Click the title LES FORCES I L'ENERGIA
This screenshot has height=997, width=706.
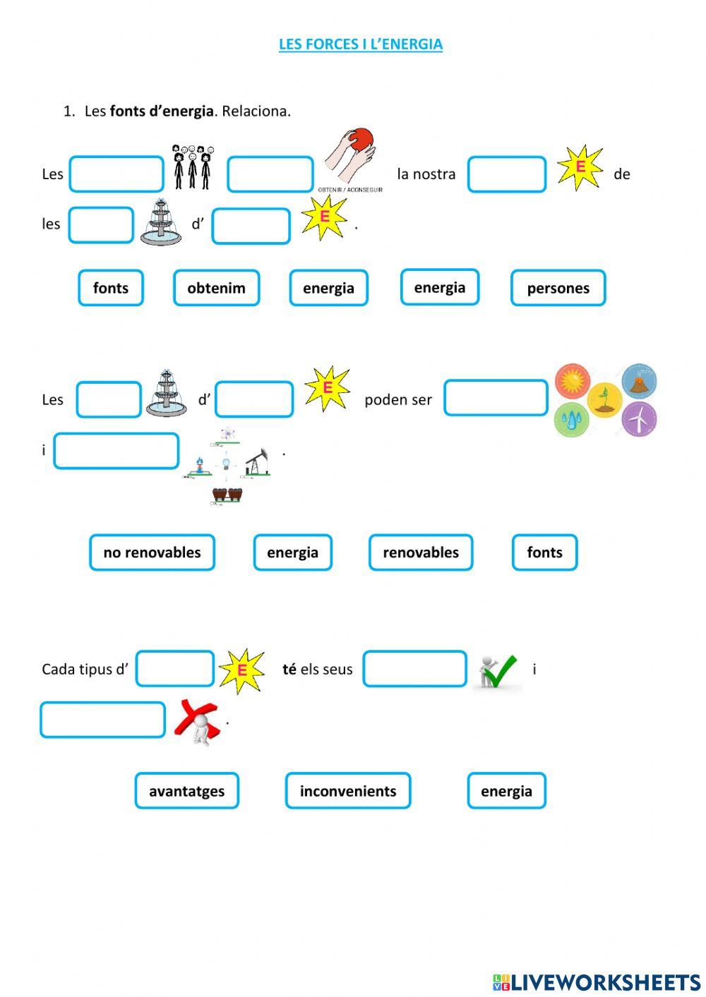coord(360,44)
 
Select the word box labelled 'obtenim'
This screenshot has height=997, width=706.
coord(216,288)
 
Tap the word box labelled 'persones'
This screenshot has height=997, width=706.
coord(558,288)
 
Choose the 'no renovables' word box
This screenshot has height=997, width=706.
coord(152,552)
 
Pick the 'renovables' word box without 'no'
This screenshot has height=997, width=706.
coord(421,552)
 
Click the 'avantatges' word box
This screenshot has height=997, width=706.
coord(186,791)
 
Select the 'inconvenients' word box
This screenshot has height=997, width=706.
coord(348,791)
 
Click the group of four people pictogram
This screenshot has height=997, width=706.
coord(193,167)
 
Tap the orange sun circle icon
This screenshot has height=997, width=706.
coord(572,382)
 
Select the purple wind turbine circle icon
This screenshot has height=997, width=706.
coord(639,419)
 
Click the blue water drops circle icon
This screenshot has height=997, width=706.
coord(570,420)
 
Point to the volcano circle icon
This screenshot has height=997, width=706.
coord(639,382)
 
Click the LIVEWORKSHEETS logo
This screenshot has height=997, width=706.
coord(596,981)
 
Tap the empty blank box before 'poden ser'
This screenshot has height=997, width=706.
coord(254,399)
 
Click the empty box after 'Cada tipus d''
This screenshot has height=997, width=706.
coord(175,669)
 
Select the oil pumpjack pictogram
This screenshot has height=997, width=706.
coord(257,461)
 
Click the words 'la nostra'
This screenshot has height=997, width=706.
coord(426,174)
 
